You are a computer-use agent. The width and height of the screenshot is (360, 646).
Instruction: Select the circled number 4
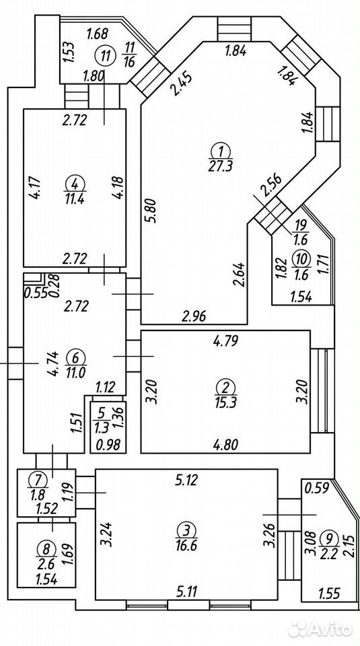[x=74, y=182]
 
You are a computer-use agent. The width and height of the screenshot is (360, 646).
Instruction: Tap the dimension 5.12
[x=186, y=480]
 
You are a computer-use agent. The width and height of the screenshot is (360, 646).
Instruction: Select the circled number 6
[x=75, y=355]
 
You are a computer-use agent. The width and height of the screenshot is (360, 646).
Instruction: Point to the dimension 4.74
[x=54, y=362]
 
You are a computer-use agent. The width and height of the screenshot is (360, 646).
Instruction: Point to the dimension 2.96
[x=193, y=317]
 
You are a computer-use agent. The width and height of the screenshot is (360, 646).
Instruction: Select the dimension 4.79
[x=225, y=341]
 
